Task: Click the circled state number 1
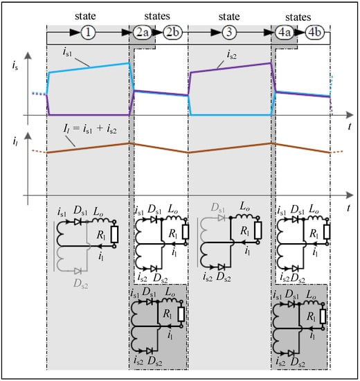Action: [x=88, y=33]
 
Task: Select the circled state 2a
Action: [x=143, y=33]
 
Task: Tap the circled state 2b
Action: [x=172, y=33]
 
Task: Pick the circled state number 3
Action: [x=229, y=33]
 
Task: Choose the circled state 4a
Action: [x=285, y=33]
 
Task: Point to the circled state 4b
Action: [x=314, y=33]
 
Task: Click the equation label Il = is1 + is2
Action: [x=90, y=129]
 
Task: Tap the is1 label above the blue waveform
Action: [x=67, y=52]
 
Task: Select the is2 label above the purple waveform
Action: [x=231, y=55]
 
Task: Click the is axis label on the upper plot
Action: [x=15, y=66]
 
